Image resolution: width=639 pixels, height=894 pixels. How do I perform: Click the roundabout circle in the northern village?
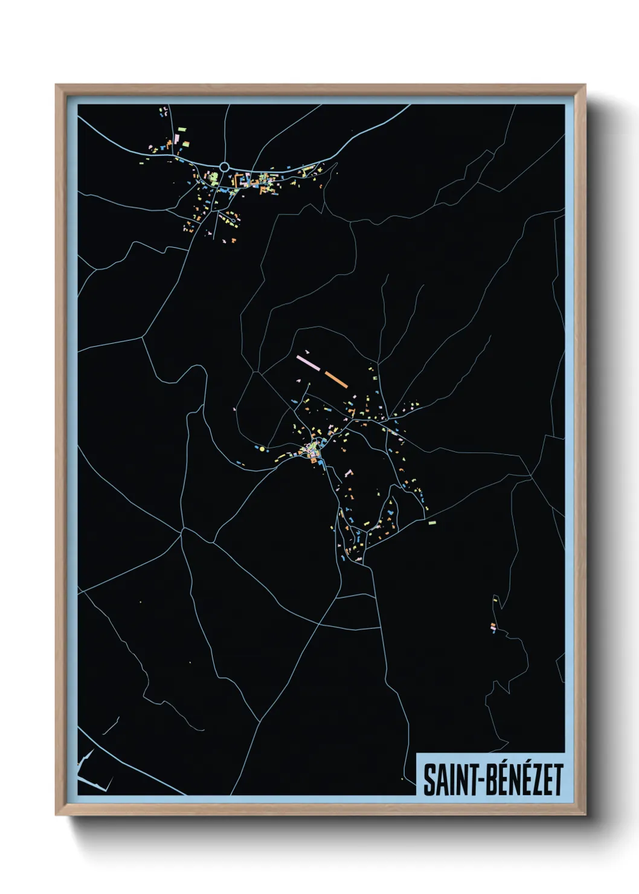[225, 166]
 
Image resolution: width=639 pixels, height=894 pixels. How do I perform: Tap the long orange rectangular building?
[336, 379]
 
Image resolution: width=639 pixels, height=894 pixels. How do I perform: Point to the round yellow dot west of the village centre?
[262, 449]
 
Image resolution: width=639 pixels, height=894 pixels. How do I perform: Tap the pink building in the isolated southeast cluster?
[493, 629]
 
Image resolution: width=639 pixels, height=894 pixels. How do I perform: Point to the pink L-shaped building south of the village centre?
[348, 473]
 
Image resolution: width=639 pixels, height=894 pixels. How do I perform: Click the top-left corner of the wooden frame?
[56, 85]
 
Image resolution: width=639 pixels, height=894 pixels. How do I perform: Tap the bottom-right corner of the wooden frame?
[585, 814]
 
